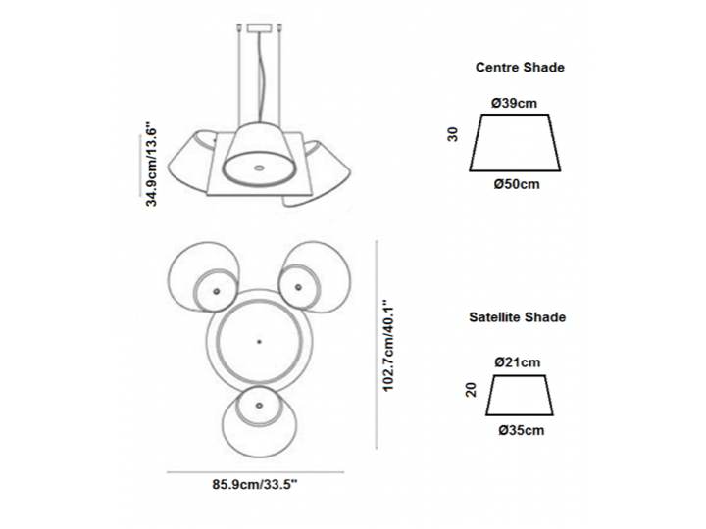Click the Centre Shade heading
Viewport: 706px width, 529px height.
[520, 68]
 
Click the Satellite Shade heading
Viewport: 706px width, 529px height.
[517, 317]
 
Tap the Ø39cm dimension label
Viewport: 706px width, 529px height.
[515, 102]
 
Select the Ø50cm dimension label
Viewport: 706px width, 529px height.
[517, 183]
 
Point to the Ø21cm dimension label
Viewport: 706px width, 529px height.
[518, 362]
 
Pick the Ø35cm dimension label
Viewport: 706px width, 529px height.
[521, 429]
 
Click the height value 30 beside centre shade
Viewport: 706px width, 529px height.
[453, 133]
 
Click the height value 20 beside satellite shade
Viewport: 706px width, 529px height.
[472, 391]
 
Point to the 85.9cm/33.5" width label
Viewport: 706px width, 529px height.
[254, 484]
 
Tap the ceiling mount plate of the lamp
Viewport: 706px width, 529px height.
[259, 26]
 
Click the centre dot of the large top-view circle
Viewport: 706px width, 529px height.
[258, 340]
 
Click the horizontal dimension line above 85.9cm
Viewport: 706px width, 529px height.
[255, 471]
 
